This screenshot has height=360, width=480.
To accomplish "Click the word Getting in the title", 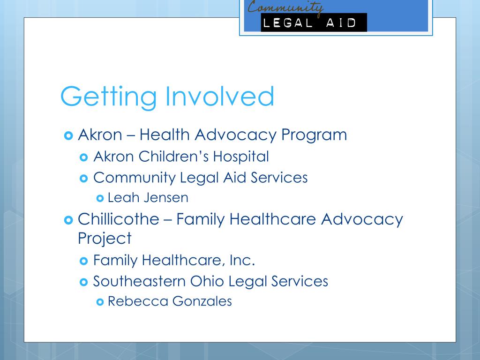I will pyautogui.click(x=108, y=96).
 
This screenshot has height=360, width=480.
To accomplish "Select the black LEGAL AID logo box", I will pyautogui.click(x=314, y=22).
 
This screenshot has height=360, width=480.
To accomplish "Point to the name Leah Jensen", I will pyautogui.click(x=148, y=197).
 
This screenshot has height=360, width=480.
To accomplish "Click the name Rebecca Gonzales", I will pyautogui.click(x=170, y=300).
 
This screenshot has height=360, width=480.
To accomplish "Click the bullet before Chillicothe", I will pyautogui.click(x=67, y=220).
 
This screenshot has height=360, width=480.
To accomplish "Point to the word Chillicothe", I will pyautogui.click(x=118, y=219).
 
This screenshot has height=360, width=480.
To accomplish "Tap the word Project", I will pyautogui.click(x=105, y=238).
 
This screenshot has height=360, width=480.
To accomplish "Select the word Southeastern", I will pyautogui.click(x=139, y=281).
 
